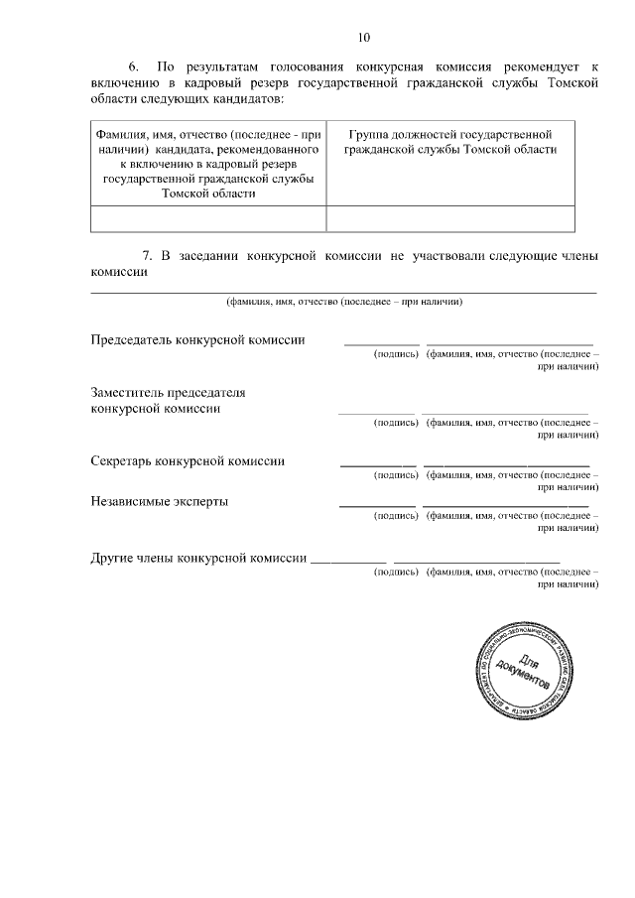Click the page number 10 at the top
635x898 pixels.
pyautogui.click(x=363, y=38)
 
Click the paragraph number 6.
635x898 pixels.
pyautogui.click(x=138, y=66)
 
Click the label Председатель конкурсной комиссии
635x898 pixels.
pyautogui.click(x=197, y=340)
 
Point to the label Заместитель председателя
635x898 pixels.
pyautogui.click(x=168, y=392)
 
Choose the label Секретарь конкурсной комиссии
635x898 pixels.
pyautogui.click(x=188, y=461)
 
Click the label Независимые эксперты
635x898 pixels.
pyautogui.click(x=159, y=501)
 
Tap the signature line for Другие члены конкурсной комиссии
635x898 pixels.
pyautogui.click(x=348, y=563)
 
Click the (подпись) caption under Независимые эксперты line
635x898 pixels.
pyautogui.click(x=396, y=516)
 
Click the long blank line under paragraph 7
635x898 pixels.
pyautogui.click(x=344, y=292)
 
